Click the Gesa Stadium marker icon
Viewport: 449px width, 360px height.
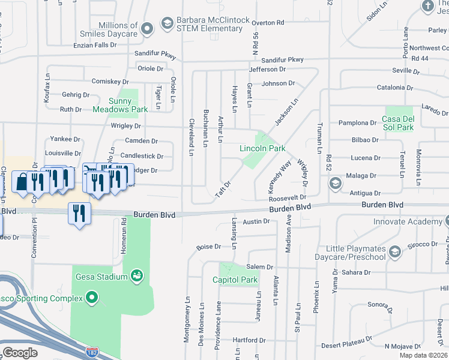tap(137, 276)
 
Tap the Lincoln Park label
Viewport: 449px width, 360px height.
tap(262, 148)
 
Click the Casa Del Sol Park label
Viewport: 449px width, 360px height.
tap(397, 123)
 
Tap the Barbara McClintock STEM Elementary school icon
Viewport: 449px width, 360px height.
tap(167, 25)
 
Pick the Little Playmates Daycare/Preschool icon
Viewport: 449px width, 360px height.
tap(394, 252)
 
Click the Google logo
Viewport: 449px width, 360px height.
tap(20, 352)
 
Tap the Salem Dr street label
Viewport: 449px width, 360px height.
tap(259, 267)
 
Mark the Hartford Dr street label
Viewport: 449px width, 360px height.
tap(245, 340)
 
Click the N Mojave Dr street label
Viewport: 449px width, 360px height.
tap(403, 346)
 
